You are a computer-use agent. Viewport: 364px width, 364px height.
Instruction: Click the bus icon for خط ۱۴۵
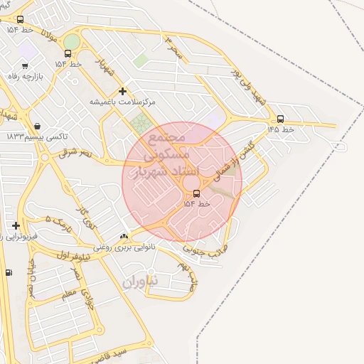280,119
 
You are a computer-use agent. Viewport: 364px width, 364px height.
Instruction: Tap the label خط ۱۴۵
280,130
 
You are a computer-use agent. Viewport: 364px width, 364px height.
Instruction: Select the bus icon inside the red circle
196,193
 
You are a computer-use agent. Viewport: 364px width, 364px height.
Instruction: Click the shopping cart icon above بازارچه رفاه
26,66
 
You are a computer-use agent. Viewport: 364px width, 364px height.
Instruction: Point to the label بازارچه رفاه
26,75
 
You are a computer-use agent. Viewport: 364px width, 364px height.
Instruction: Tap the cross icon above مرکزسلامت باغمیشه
123,91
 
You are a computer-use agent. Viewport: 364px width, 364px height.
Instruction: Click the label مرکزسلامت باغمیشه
122,102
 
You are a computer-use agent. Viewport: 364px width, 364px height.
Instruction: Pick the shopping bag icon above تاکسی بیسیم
37,126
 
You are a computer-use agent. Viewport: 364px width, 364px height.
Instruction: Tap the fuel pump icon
9,272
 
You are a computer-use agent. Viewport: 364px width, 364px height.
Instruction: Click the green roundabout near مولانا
72,41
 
